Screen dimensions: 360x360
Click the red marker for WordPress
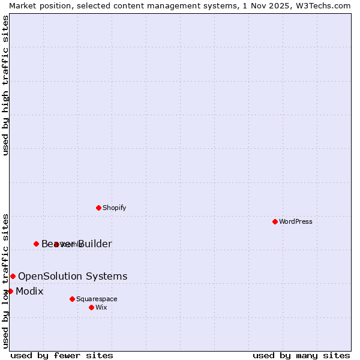275,221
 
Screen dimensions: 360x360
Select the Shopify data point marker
98,208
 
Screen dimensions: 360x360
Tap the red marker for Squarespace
72,299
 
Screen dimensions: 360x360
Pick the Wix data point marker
91,307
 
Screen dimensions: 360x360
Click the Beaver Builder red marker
36,244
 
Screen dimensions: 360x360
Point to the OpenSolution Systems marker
13,276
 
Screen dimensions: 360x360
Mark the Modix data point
10,291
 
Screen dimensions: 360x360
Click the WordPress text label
296,221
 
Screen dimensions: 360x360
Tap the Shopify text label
114,208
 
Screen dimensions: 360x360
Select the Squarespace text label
97,299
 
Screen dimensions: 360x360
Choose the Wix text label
101,307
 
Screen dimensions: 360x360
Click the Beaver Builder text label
77,244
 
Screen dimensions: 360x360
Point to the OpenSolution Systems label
73,276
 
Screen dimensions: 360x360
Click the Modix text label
29,291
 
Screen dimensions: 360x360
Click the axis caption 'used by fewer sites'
62,355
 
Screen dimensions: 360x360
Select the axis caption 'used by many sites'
301,355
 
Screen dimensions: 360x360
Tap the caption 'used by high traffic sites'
5,85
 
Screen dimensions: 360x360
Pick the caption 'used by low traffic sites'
5,280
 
